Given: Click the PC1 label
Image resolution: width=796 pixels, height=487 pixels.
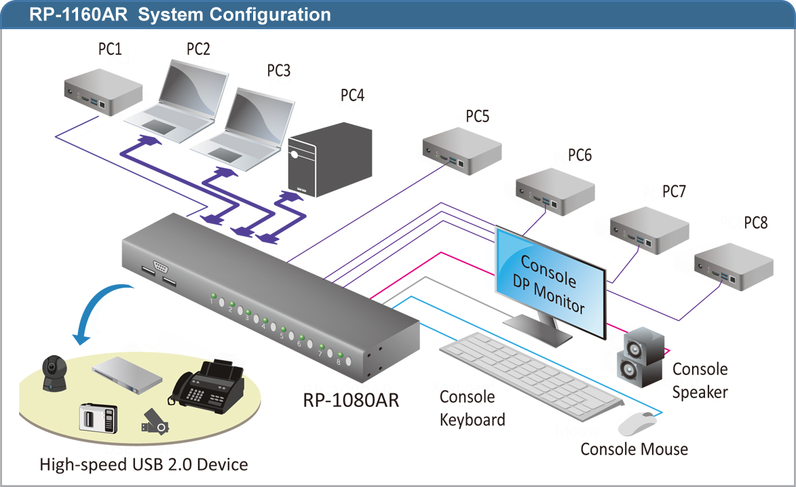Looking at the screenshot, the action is click(110, 50).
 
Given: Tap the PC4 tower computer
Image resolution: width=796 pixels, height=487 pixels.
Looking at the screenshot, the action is click(330, 159).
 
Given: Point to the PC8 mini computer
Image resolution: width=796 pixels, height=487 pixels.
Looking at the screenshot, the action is click(734, 267).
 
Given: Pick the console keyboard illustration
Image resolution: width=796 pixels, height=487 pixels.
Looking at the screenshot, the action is click(531, 376).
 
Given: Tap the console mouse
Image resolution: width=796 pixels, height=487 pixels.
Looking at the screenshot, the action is click(637, 424).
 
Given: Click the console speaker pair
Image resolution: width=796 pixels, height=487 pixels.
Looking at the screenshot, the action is click(641, 357).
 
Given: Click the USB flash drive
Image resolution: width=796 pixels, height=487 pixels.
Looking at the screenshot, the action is click(155, 422).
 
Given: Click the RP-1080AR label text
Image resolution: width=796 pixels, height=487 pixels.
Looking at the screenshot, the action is click(351, 400).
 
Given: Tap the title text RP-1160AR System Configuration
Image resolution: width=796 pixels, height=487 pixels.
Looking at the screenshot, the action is click(181, 14).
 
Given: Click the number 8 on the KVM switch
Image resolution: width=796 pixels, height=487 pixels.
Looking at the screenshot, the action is click(339, 362).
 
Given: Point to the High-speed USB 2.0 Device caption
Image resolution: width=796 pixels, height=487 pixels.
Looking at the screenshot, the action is click(144, 465).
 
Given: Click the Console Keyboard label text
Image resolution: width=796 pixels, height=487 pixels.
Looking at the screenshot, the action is click(472, 408).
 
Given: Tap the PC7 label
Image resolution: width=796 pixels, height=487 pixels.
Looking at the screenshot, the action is click(674, 191).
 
